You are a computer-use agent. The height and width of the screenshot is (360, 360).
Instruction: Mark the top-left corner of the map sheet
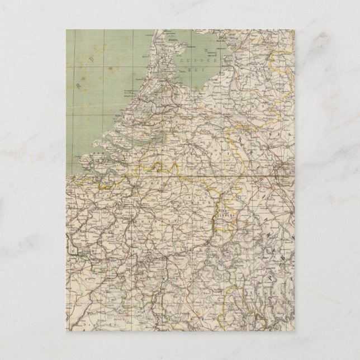click(67, 30)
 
